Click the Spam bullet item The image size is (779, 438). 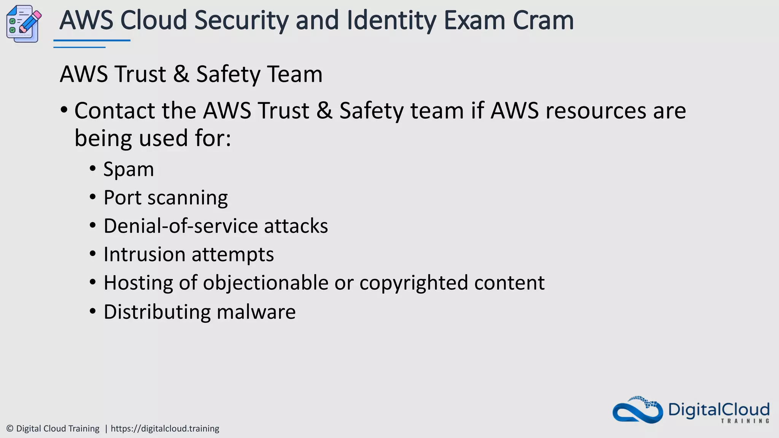pos(129,169)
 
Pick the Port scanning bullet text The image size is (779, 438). pos(165,198)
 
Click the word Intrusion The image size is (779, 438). pos(144,254)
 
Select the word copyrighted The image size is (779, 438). pos(413,283)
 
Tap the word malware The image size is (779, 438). pos(256,312)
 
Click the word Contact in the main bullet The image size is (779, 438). pos(114,111)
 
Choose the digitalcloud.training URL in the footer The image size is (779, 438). pos(165,428)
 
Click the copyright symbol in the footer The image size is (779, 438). pos(10,428)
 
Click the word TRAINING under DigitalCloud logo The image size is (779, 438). pos(745,421)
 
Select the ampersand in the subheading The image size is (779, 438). pos(181,74)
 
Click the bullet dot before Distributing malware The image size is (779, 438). pos(93,311)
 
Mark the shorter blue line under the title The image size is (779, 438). pos(79,47)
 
